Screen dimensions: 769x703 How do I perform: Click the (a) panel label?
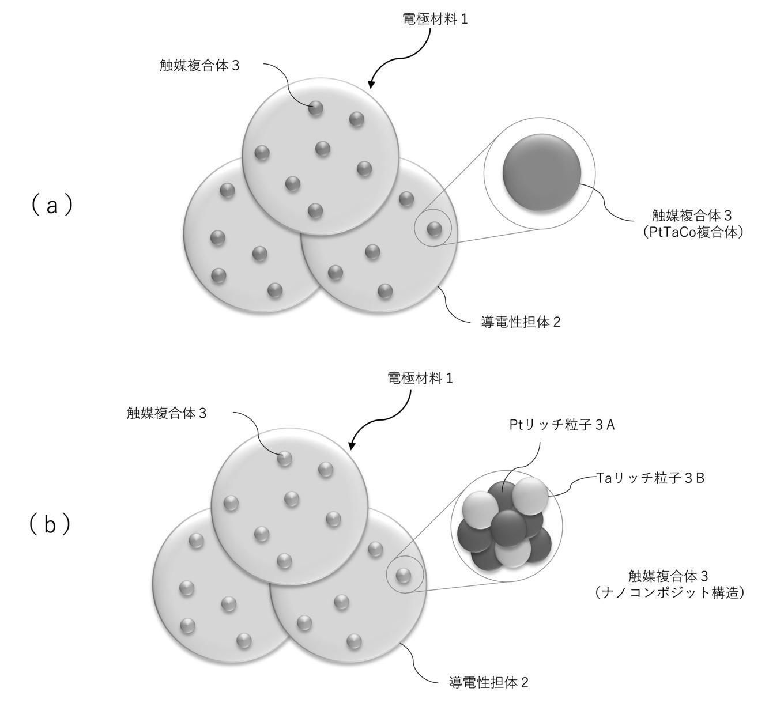[x=51, y=206]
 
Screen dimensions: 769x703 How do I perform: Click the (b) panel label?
[x=50, y=525]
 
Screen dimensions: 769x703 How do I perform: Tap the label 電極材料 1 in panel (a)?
[x=435, y=19]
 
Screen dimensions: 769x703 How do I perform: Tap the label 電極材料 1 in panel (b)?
[x=420, y=379]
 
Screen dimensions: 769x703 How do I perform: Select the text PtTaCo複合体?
[x=692, y=232]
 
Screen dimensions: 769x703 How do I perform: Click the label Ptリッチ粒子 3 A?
[x=562, y=425]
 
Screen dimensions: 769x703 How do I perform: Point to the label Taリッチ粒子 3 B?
[x=650, y=478]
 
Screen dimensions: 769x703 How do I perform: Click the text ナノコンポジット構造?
[x=669, y=592]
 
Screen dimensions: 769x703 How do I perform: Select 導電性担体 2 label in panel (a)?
[x=521, y=322]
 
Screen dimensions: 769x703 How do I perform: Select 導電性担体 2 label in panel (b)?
[x=488, y=682]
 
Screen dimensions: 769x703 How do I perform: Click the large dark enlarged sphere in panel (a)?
[x=542, y=172]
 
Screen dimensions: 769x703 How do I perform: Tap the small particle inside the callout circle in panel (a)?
[x=434, y=229]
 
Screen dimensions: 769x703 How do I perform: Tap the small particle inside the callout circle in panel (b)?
[x=404, y=575]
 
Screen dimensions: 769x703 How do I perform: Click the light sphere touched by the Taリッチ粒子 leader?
[x=530, y=496]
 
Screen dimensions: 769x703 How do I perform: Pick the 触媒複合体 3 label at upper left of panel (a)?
[x=199, y=66]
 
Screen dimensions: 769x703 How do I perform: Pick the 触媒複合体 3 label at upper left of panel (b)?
[x=167, y=413]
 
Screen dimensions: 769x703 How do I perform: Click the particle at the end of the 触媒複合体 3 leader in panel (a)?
[x=315, y=108]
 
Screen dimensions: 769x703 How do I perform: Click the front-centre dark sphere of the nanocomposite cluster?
[x=508, y=528]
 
